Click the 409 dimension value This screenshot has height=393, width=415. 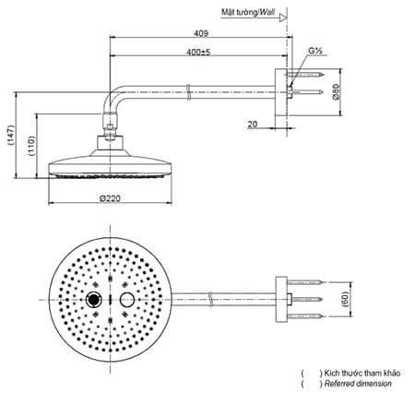pos(200,33)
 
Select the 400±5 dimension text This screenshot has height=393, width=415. pos(198,52)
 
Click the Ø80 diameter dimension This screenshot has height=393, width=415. pos(338,91)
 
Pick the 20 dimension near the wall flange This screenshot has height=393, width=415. pos(253,121)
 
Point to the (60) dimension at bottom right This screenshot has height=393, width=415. pos(347,299)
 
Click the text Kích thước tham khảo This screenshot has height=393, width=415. pos(355,373)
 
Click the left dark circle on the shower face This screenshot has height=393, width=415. pos(93,301)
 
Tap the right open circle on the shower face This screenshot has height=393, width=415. pos(126,301)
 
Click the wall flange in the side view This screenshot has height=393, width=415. pos(281,91)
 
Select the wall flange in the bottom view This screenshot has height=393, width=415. pos(281,299)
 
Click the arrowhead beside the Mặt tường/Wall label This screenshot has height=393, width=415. pos(282,13)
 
